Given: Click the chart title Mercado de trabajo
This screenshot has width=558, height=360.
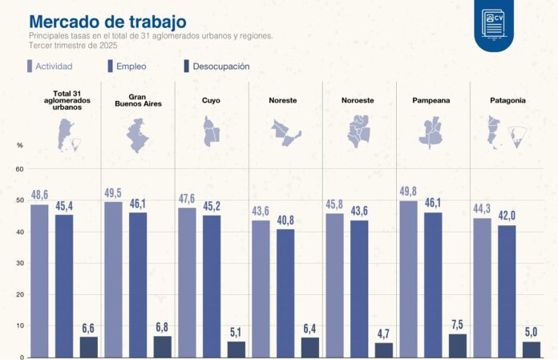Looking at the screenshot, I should pyautogui.click(x=107, y=21).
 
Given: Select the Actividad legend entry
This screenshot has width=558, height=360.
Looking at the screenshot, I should pyautogui.click(x=60, y=67).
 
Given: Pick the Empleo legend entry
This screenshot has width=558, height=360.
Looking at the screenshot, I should pyautogui.click(x=130, y=67).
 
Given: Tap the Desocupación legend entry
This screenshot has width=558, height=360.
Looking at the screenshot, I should pyautogui.click(x=216, y=67).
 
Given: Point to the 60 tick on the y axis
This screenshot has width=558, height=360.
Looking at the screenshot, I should pyautogui.click(x=20, y=169).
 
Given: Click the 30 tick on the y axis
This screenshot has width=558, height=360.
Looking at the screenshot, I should pyautogui.click(x=20, y=263).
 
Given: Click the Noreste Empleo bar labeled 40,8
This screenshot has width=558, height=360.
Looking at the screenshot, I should pyautogui.click(x=285, y=293).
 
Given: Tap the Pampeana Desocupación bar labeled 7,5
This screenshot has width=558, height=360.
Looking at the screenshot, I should pyautogui.click(x=457, y=345).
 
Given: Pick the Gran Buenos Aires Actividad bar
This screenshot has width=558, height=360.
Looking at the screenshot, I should pyautogui.click(x=113, y=279).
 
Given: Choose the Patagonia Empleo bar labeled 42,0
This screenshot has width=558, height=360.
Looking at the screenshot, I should pyautogui.click(x=507, y=290).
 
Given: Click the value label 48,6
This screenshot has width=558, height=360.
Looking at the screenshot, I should pyautogui.click(x=39, y=195).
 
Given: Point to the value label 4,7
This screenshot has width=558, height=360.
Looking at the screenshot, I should pyautogui.click(x=383, y=333).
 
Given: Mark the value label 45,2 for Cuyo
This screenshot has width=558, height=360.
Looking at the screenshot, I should pyautogui.click(x=212, y=206).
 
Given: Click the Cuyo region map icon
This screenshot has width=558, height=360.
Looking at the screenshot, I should pyautogui.click(x=212, y=131).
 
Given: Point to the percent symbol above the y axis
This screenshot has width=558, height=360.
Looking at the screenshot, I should pyautogui.click(x=20, y=145).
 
